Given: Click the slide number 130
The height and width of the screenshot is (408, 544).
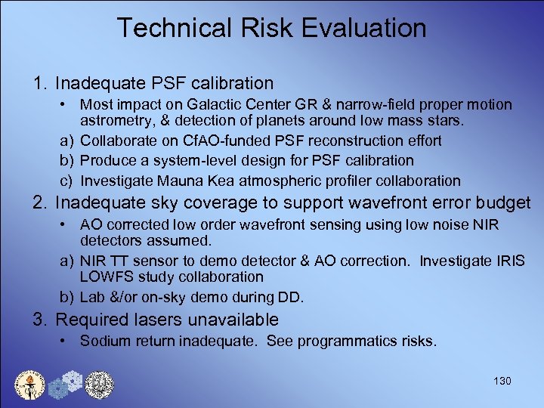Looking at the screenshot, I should point(502,381).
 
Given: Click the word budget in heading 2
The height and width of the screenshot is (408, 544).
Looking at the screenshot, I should point(508,203).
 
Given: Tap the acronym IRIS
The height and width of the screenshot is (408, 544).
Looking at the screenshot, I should point(512,261).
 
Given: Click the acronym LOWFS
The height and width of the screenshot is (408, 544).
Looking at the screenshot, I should point(104,277).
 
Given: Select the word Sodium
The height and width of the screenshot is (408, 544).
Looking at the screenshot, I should point(103,342).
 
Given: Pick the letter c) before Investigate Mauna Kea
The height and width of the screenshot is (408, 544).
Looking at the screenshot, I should point(66,181).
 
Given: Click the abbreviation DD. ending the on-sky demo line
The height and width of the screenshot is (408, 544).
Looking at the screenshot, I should point(292,297).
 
